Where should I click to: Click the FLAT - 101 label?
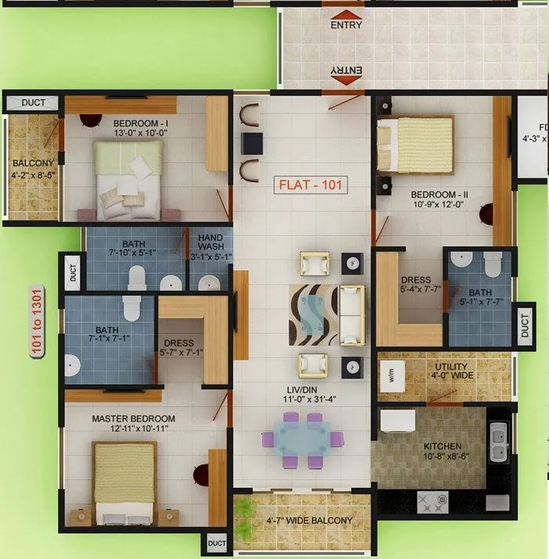pos(311,186)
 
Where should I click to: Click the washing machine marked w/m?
pos(392,375)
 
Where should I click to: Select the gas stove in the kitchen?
pos(432,502)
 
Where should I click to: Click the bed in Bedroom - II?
pos(414,145)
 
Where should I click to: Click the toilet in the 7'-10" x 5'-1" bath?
pos(138,277)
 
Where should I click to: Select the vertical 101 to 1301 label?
pos(37,321)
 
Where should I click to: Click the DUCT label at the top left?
pos(33,102)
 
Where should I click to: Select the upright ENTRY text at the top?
pos(346,25)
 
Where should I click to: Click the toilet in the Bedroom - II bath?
pos(493,267)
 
